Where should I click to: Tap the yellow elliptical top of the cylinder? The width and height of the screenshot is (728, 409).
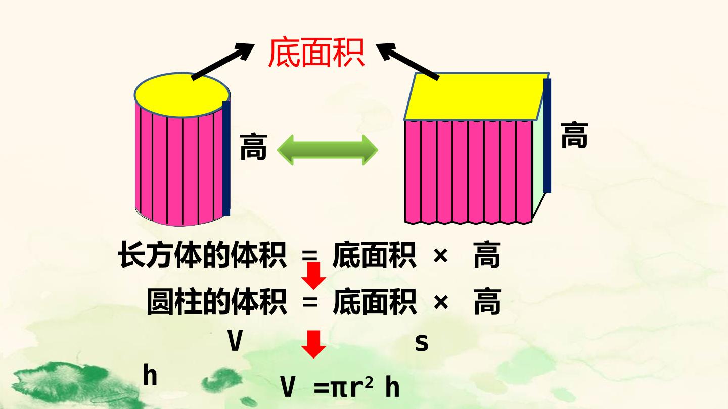(182, 95)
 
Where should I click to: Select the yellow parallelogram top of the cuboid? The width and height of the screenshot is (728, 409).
(476, 96)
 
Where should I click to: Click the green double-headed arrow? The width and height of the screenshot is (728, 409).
(327, 150)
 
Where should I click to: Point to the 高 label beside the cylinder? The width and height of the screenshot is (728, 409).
(253, 147)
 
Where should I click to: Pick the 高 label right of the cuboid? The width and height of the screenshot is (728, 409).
(574, 135)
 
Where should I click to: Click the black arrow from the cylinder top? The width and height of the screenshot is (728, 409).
(222, 62)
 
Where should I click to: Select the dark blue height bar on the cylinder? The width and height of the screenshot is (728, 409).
(226, 159)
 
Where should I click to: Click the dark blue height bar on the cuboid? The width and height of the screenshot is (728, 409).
(548, 136)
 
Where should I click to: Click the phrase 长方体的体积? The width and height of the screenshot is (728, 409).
(202, 255)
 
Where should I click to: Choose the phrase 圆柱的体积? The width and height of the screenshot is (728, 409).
(217, 301)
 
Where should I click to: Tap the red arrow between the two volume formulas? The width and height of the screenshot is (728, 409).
(313, 275)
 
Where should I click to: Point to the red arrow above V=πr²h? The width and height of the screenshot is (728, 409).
(313, 344)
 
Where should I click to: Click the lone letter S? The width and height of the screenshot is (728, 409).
(422, 343)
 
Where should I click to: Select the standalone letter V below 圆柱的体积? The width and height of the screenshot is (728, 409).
(235, 341)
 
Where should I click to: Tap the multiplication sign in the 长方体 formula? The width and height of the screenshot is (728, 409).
(441, 256)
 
